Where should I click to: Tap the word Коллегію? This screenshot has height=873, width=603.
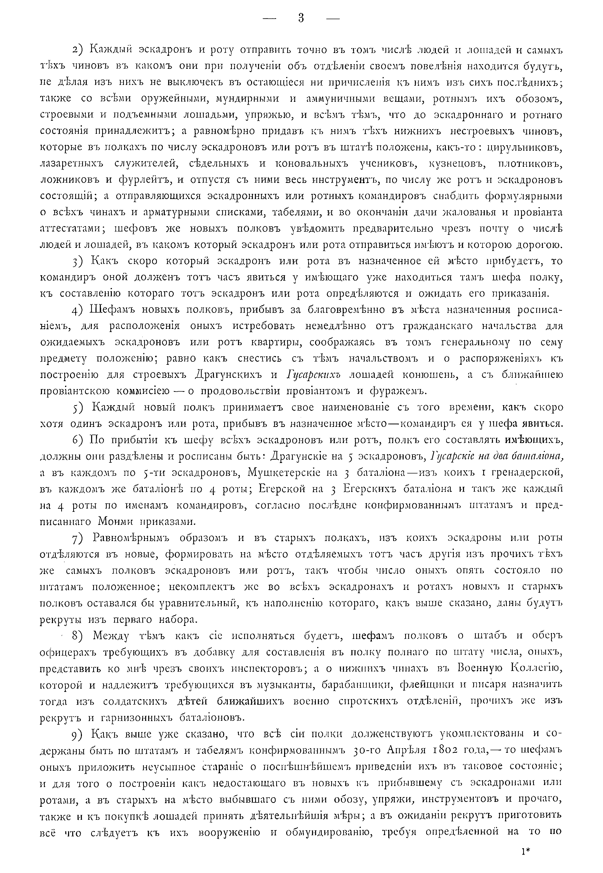536,669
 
